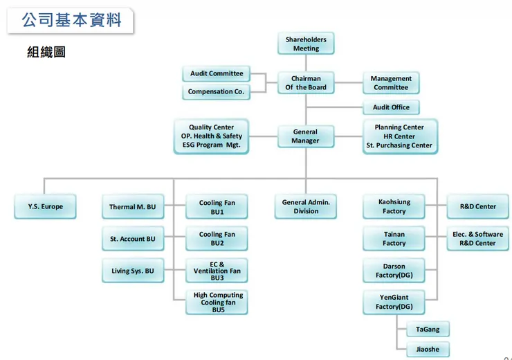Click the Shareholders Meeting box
[306, 44]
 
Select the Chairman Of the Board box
[306, 83]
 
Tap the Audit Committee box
[217, 73]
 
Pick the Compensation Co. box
[216, 91]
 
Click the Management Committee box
[391, 83]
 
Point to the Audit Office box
[391, 107]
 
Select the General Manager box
[305, 136]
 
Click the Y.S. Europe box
[46, 206]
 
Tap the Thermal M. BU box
[132, 206]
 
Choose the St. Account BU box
[132, 239]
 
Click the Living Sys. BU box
[132, 271]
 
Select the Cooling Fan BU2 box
[217, 239]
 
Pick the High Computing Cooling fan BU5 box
[218, 303]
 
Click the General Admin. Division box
[306, 206]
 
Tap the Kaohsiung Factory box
[394, 206]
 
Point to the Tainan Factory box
[394, 239]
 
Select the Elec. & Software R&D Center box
[477, 239]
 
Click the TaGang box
[428, 330]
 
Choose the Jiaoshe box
[428, 349]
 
